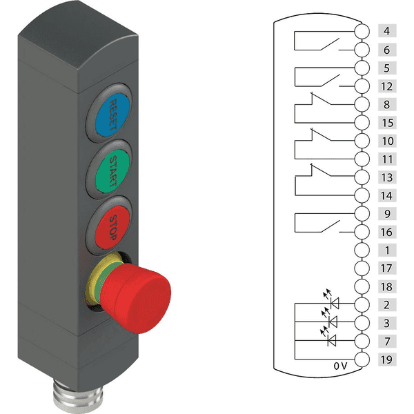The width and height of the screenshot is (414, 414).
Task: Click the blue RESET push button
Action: [x=112, y=115]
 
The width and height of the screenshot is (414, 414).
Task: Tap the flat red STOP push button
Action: [x=112, y=227]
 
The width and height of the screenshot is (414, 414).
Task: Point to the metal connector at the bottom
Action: [x=78, y=396]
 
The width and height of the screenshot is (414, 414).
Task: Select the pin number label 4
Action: [x=387, y=31]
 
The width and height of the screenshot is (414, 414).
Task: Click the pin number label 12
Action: [x=387, y=86]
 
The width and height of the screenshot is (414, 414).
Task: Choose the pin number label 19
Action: [x=387, y=359]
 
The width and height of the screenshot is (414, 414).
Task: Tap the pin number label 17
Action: [x=387, y=268]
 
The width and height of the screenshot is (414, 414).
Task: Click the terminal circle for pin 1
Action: [x=362, y=250]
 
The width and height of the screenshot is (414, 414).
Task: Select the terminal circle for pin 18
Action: [x=362, y=286]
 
